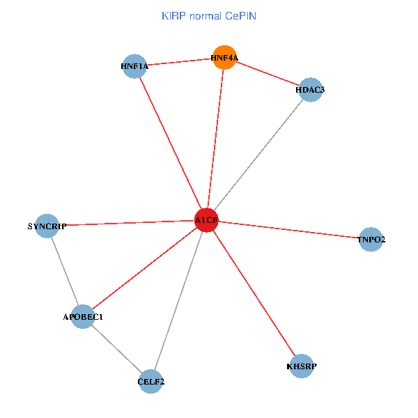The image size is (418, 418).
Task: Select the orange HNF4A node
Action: (224, 58)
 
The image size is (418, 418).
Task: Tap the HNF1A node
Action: (134, 67)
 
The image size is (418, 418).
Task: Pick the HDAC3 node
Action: (309, 90)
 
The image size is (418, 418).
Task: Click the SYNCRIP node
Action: (47, 226)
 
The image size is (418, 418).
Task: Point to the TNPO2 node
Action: (371, 240)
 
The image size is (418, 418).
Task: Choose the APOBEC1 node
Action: (83, 317)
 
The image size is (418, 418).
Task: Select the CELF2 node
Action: (150, 381)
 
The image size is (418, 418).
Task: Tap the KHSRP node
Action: (302, 366)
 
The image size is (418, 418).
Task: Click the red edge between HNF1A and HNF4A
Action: (179, 63)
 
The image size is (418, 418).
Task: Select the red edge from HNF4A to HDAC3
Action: (267, 74)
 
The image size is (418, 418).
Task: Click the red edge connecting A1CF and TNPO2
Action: (289, 230)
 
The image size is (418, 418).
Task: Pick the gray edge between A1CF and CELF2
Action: (178, 301)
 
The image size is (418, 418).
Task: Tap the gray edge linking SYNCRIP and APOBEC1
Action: (65, 272)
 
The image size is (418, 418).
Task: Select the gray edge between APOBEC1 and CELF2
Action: (117, 349)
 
